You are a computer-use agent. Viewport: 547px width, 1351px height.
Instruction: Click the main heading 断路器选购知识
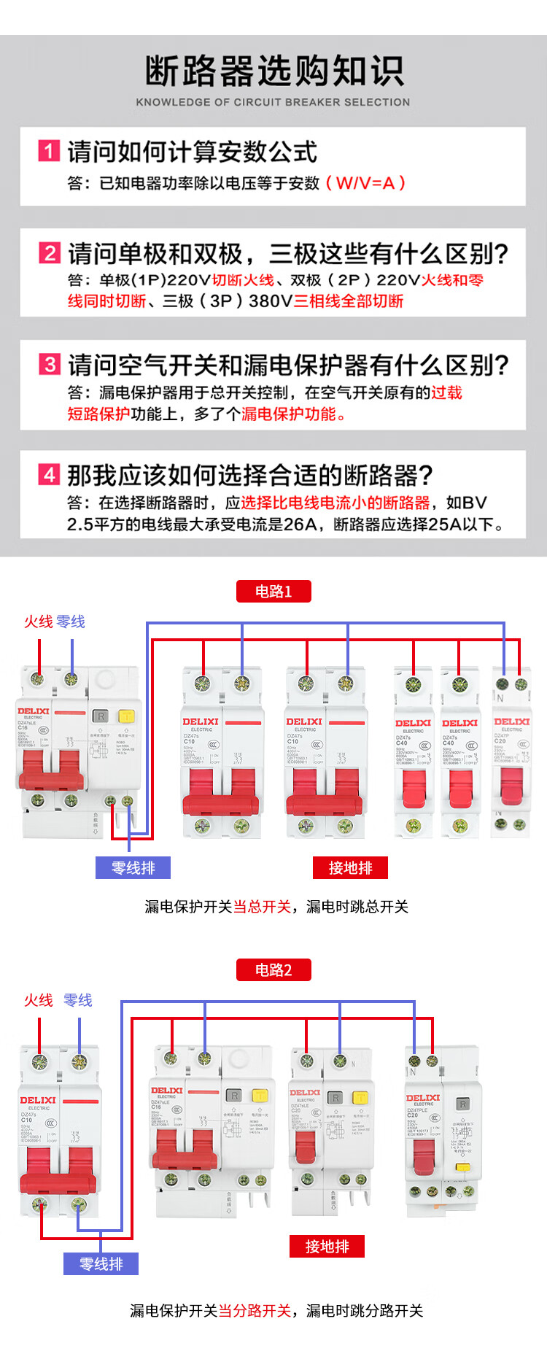point(273,71)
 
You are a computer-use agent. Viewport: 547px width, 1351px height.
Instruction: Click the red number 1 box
point(49,151)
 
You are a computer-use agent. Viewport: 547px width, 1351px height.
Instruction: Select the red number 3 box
point(49,364)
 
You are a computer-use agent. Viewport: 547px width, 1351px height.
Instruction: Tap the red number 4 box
point(49,475)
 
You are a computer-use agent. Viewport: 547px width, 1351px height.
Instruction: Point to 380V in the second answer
point(271,301)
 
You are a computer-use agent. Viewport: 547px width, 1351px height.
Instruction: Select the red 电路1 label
point(273,591)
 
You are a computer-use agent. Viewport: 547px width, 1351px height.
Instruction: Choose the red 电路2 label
point(273,969)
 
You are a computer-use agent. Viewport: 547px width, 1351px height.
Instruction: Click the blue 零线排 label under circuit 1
point(133,867)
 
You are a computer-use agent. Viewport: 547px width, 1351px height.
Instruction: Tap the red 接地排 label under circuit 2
point(327,1246)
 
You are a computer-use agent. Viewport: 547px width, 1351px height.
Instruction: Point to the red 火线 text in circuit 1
point(38,622)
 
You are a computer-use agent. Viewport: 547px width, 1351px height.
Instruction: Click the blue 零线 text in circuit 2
point(78,1000)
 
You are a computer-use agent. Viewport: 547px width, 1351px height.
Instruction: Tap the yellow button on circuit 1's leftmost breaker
point(125,716)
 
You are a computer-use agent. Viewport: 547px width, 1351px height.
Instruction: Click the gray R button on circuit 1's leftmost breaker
point(101,716)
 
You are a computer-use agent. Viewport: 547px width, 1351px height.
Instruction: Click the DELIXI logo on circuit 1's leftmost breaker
point(34,711)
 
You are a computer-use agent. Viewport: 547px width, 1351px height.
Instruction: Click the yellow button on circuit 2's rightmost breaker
point(462,1167)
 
